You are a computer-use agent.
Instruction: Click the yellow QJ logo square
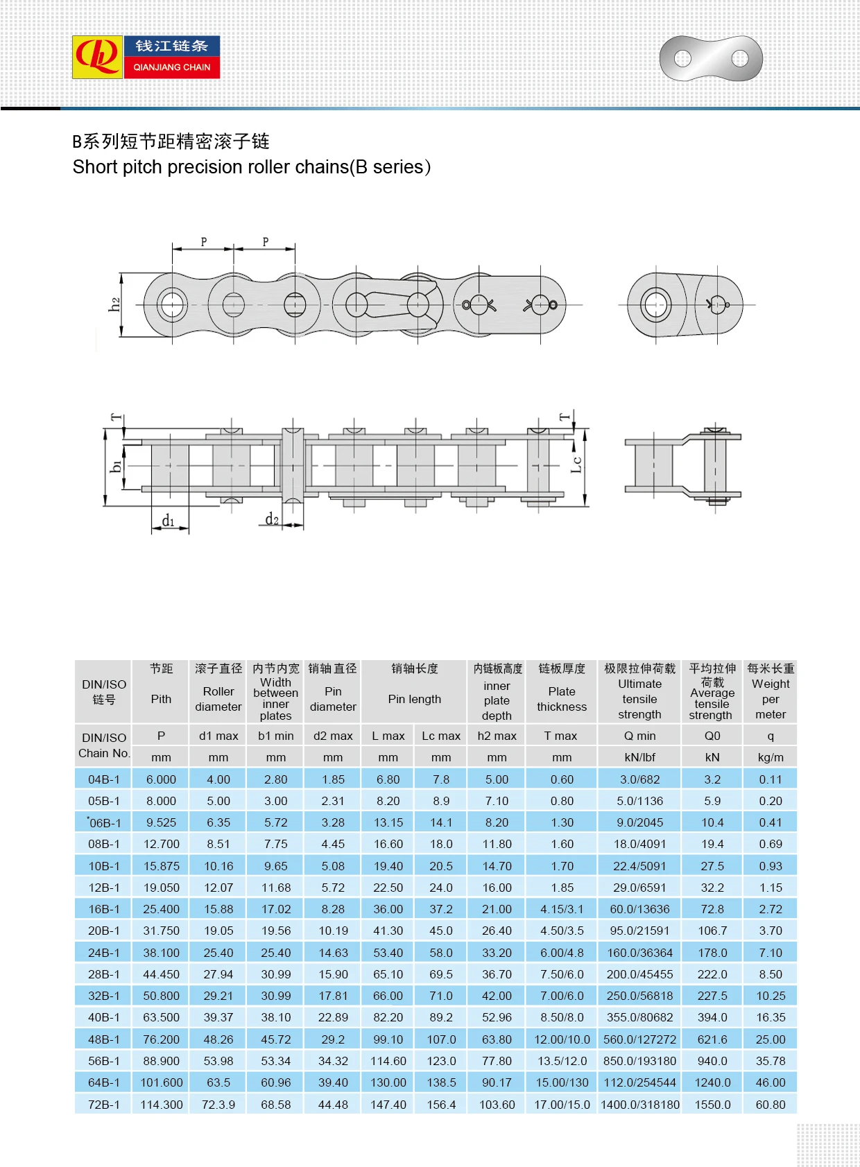click(x=97, y=57)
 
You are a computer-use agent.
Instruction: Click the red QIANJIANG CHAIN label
click(x=172, y=67)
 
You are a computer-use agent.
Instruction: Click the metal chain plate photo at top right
click(x=710, y=58)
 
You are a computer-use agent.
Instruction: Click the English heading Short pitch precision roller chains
click(x=251, y=167)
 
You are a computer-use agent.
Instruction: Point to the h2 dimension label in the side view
click(x=114, y=304)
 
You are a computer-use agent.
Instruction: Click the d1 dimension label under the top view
click(x=168, y=521)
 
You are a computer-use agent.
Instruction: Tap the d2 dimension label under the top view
click(x=272, y=519)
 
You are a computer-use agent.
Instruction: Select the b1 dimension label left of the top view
click(x=116, y=466)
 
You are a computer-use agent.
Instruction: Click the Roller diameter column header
click(x=218, y=698)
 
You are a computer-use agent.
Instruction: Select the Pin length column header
click(x=414, y=699)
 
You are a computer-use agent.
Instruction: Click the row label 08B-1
click(x=104, y=844)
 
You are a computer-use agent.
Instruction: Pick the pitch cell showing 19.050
click(x=161, y=888)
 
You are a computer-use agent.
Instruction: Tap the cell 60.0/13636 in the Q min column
click(x=639, y=909)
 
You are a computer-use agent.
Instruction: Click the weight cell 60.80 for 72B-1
click(x=771, y=1105)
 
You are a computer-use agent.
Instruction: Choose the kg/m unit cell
click(x=771, y=757)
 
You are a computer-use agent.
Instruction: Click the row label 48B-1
click(x=104, y=1039)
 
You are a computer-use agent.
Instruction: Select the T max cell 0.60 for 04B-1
click(x=562, y=779)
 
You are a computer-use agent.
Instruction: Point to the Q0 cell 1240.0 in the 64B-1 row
click(x=712, y=1082)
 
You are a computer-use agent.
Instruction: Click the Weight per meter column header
click(x=771, y=698)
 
